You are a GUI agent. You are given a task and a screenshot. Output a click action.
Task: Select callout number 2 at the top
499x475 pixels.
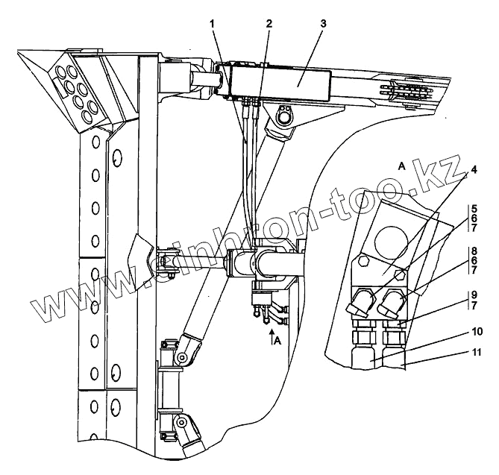[267, 23]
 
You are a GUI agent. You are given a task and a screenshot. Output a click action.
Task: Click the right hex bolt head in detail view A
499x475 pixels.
[402, 274]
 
